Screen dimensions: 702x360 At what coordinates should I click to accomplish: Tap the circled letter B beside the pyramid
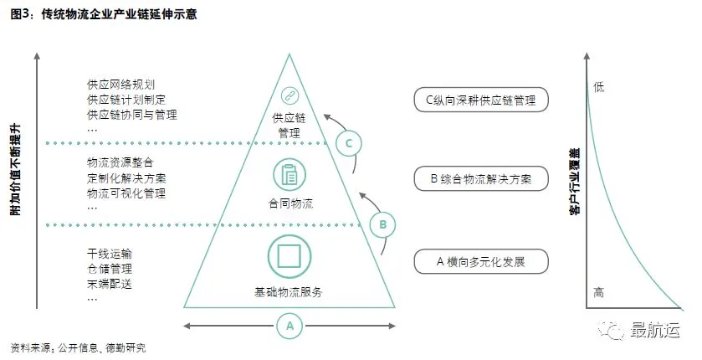pyautogui.click(x=382, y=224)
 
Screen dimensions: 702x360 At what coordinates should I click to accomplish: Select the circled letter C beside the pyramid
pyautogui.click(x=350, y=143)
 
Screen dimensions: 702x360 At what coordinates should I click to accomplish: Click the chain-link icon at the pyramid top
pyautogui.click(x=290, y=95)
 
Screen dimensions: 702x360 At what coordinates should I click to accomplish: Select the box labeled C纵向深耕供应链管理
pyautogui.click(x=480, y=100)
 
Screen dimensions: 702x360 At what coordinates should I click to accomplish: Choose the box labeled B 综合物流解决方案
pyautogui.click(x=480, y=178)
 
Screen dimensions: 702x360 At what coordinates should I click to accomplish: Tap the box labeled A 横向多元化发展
pyautogui.click(x=480, y=261)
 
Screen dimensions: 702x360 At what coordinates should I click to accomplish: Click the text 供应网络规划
pyautogui.click(x=120, y=85)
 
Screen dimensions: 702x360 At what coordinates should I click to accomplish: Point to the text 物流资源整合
pyautogui.click(x=120, y=162)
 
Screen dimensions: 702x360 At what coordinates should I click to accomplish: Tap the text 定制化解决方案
pyautogui.click(x=126, y=178)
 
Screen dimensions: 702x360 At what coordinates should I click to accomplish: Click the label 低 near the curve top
pyautogui.click(x=597, y=86)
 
